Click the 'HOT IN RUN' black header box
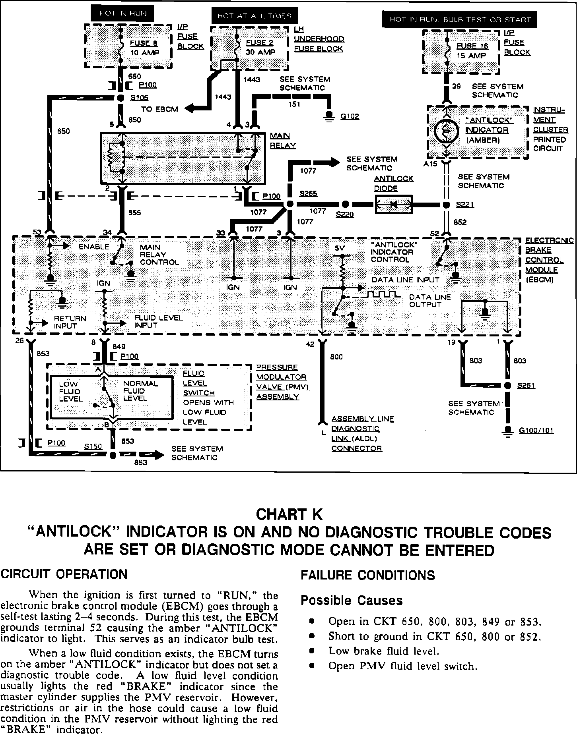[x=122, y=13]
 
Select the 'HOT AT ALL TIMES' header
[x=254, y=16]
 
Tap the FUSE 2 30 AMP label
[x=260, y=47]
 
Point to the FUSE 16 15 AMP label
[x=472, y=51]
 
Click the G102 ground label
[x=350, y=116]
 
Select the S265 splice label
[x=308, y=194]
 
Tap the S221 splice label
[x=465, y=205]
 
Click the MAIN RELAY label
[x=283, y=141]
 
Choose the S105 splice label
[x=139, y=98]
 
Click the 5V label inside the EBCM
[x=340, y=248]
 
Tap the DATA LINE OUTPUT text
[x=430, y=301]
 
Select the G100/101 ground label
[x=536, y=431]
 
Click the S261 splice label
[x=526, y=386]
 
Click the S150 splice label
[x=93, y=446]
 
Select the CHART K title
[x=289, y=514]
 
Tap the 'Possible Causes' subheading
[x=352, y=601]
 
